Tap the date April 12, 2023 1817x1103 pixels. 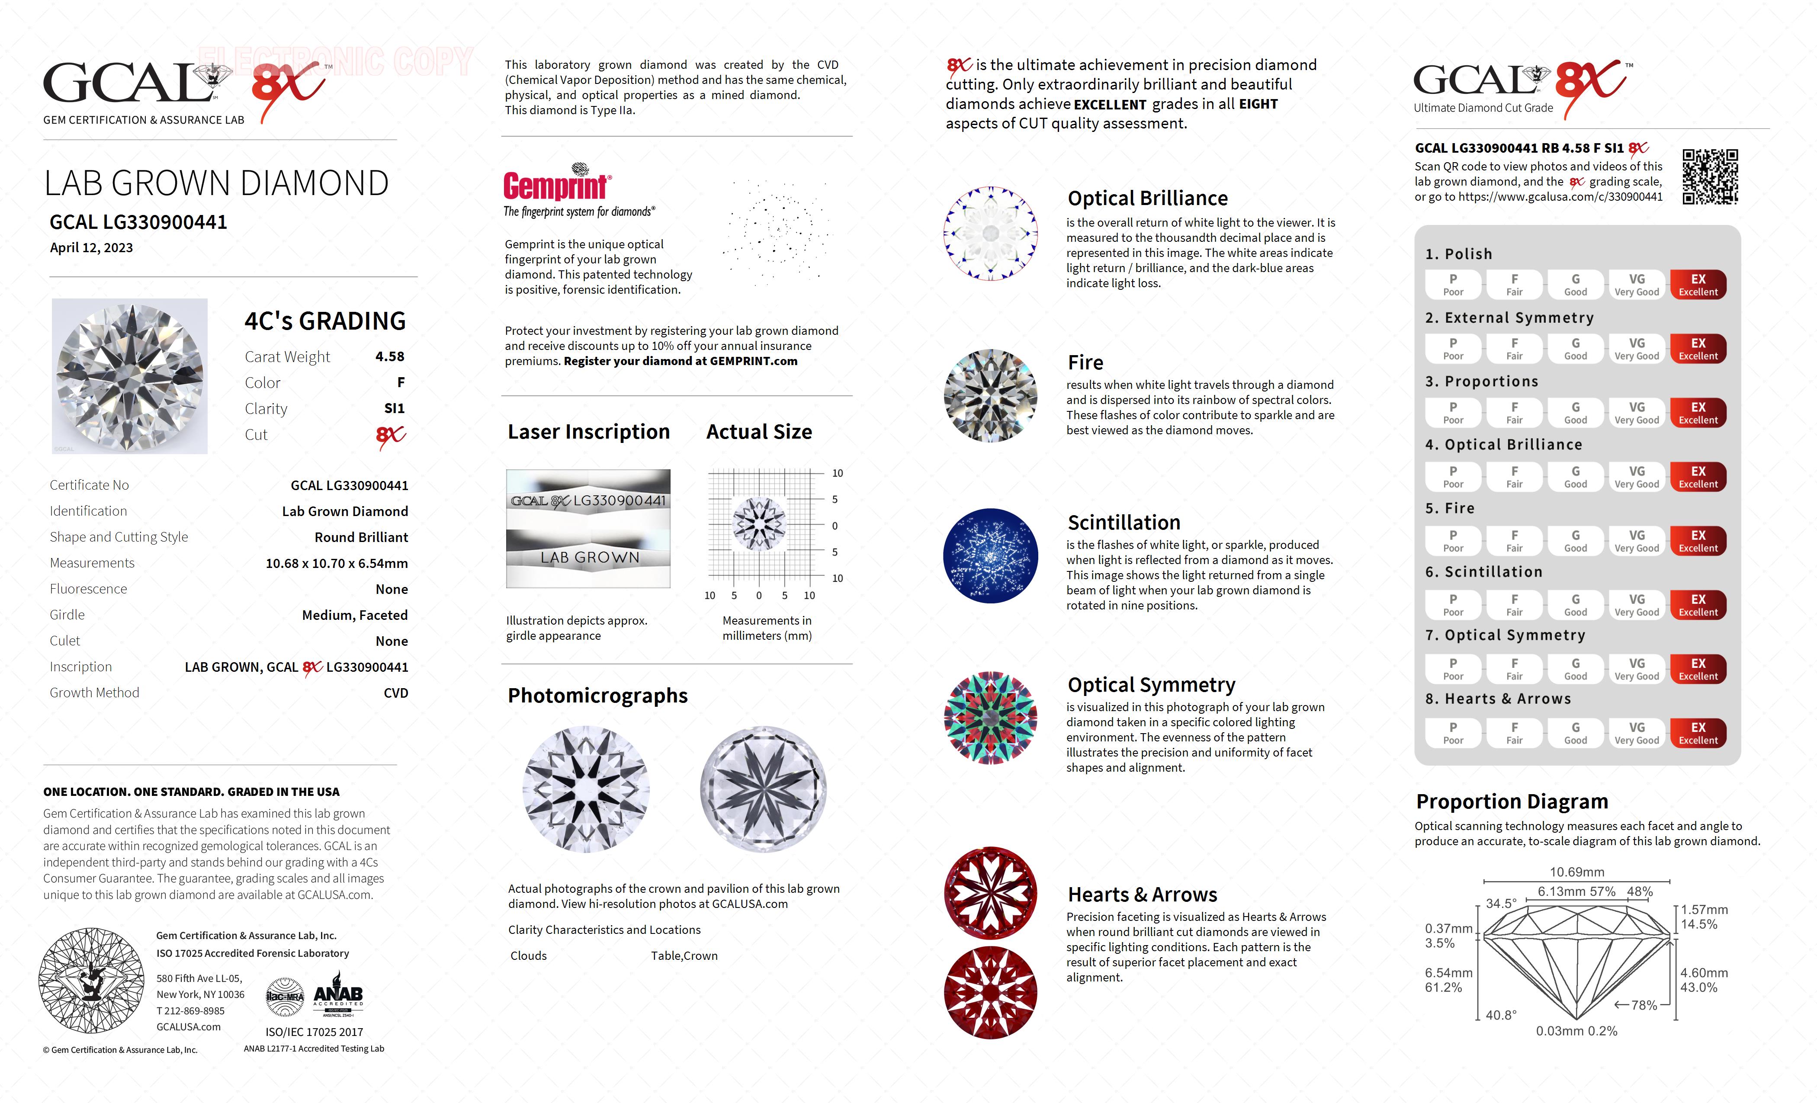[x=91, y=248]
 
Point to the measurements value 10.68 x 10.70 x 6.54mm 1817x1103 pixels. [x=336, y=563]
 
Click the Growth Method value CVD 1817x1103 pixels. [x=395, y=693]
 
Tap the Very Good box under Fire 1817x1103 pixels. [x=1636, y=540]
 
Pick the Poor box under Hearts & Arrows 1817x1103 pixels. [x=1453, y=733]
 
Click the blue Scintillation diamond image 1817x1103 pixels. [x=990, y=556]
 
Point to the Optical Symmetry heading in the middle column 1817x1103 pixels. [x=1151, y=685]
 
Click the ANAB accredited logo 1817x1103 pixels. [x=338, y=995]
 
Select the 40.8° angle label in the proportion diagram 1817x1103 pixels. [x=1501, y=1015]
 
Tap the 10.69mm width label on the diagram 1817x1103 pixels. [x=1576, y=872]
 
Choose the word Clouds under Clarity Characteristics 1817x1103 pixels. [x=528, y=956]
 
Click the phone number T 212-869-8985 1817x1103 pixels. [x=190, y=1011]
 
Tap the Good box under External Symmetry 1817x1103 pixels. [x=1575, y=349]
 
